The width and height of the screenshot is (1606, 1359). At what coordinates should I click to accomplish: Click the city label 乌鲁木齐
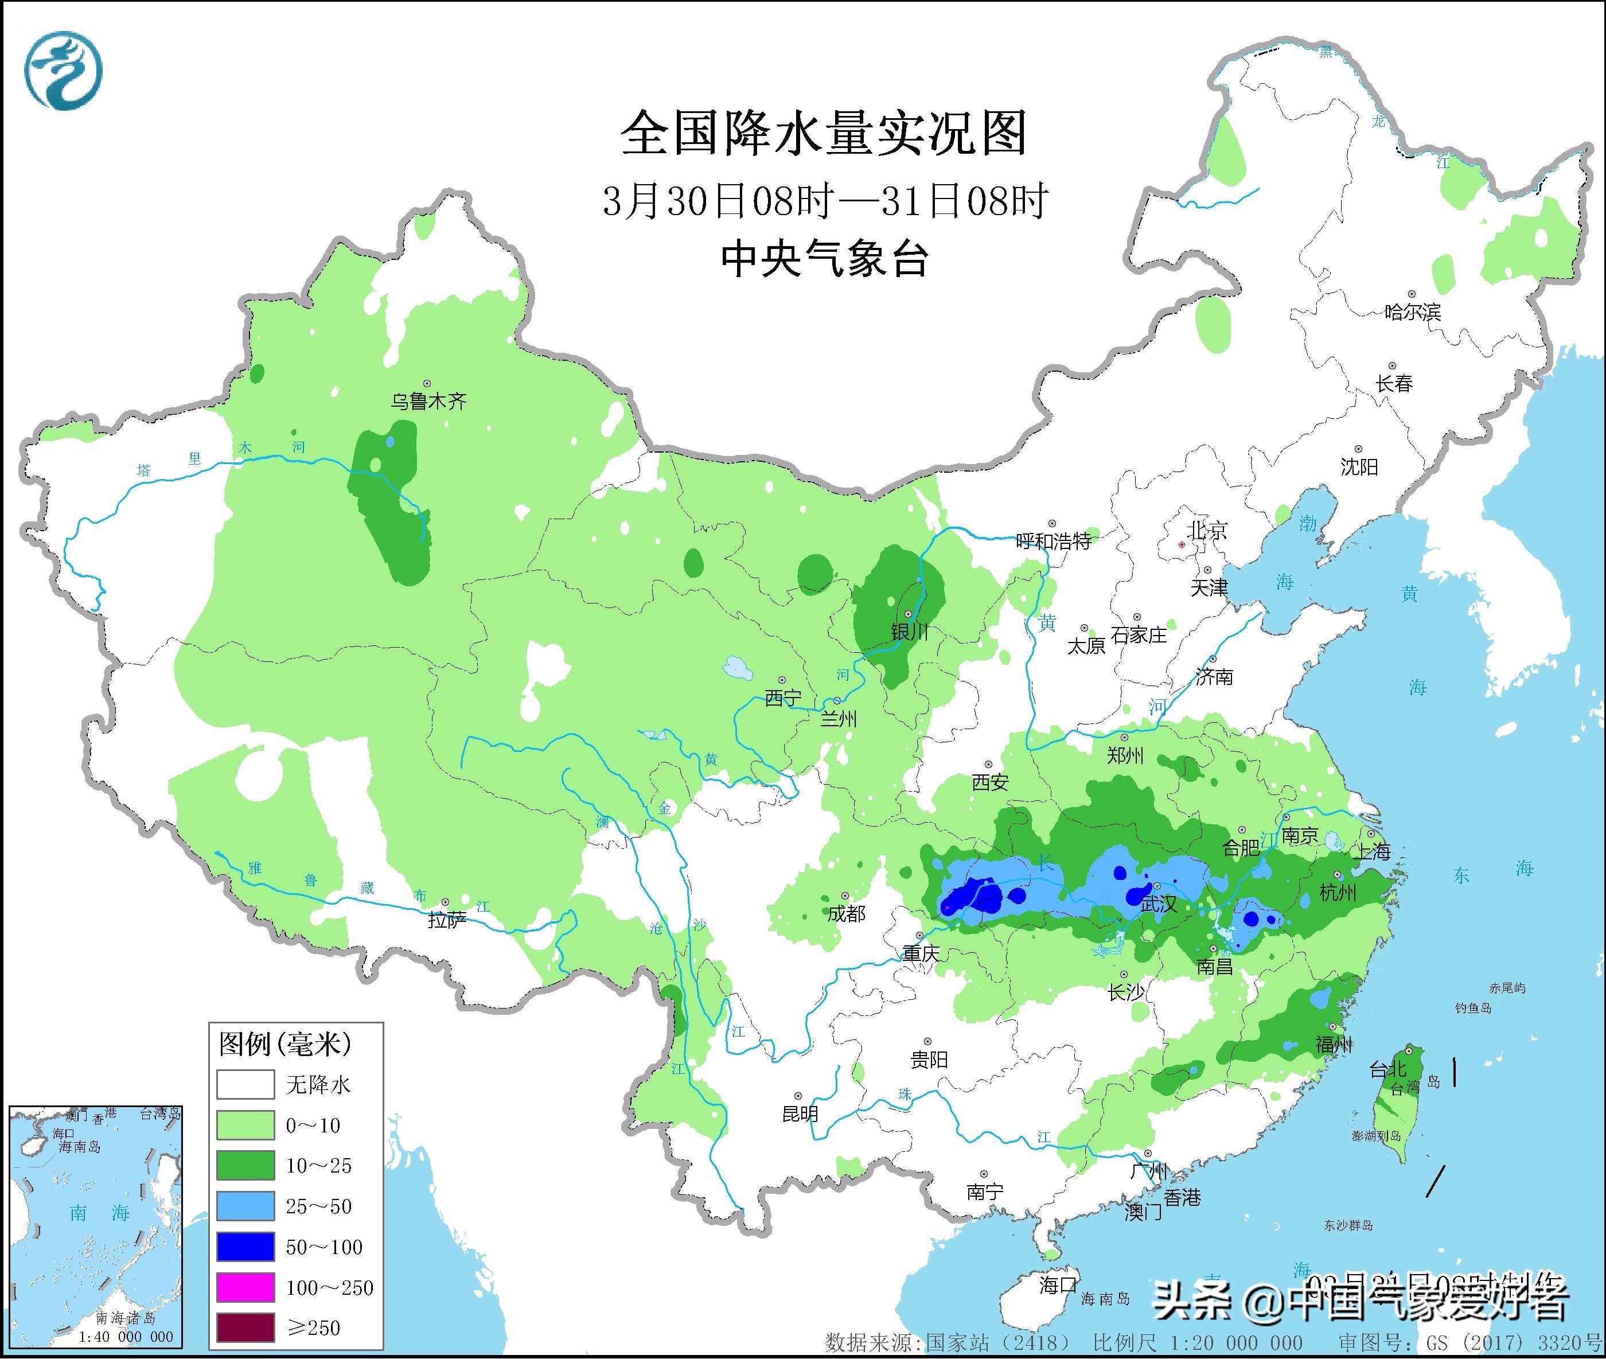[x=428, y=400]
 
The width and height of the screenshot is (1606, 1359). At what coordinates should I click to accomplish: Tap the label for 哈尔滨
[x=1412, y=312]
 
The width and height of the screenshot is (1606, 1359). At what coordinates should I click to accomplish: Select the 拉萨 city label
[x=447, y=919]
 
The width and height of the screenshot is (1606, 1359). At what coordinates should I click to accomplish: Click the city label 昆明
[x=800, y=1113]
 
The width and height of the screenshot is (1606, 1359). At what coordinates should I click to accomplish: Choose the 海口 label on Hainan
[x=1058, y=1284]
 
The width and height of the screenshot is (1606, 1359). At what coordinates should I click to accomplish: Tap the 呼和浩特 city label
[x=1053, y=541]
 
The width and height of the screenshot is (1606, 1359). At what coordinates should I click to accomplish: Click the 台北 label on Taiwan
[x=1388, y=1069]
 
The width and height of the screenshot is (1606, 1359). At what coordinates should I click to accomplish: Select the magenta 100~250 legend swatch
[x=245, y=1287]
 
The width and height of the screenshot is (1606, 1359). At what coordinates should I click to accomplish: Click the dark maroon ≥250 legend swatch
[x=245, y=1327]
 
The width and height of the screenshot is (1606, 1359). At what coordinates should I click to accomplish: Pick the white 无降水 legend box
[x=245, y=1085]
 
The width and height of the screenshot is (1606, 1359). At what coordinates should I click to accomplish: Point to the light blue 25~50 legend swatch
[x=245, y=1206]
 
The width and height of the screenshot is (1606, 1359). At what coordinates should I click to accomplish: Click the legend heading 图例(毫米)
[x=285, y=1045]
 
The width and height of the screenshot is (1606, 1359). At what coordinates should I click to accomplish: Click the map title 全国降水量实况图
[x=824, y=133]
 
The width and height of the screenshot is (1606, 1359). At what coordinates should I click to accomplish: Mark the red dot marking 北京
[x=1182, y=544]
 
